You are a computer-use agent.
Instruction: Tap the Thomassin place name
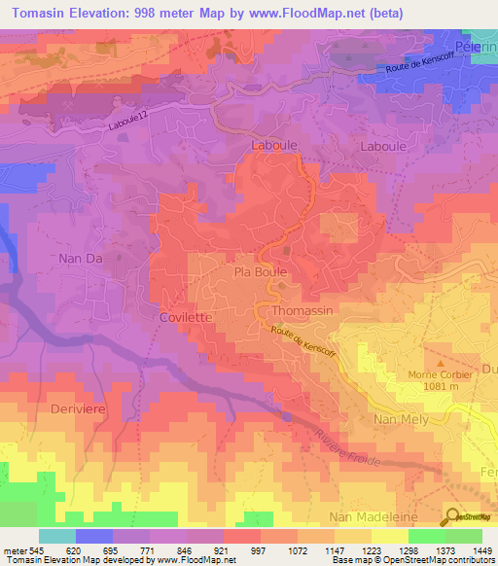click(x=304, y=310)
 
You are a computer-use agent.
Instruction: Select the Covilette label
click(x=185, y=318)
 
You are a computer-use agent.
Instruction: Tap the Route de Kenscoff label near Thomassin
click(x=302, y=341)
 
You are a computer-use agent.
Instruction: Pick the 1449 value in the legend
click(x=480, y=551)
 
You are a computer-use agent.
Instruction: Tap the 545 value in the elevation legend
click(x=36, y=551)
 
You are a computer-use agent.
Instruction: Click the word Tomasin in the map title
click(x=46, y=12)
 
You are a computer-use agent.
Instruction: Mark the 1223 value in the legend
click(x=372, y=551)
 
